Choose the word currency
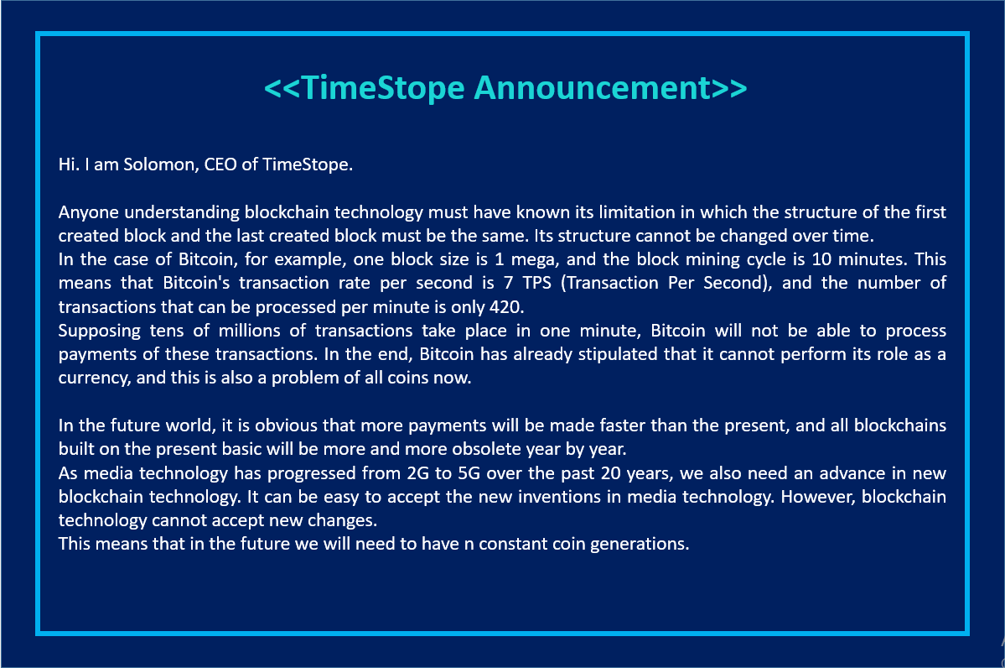pos(91,377)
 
